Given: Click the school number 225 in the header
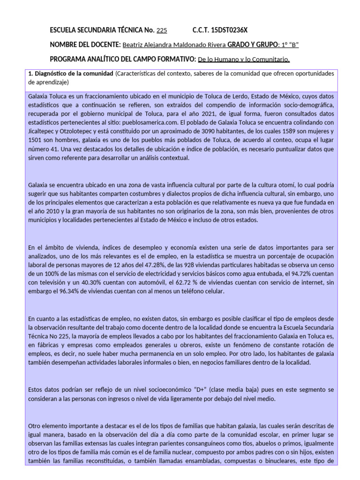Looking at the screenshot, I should point(161,31).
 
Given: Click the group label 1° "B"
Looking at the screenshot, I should point(288,45).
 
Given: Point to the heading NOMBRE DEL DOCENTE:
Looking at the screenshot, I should point(85,45).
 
